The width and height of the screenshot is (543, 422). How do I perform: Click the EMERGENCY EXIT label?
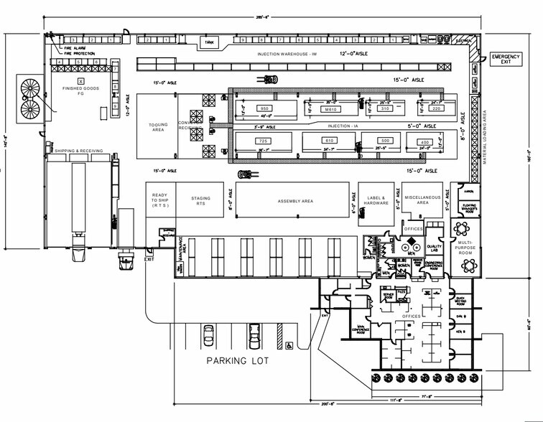(x=506, y=59)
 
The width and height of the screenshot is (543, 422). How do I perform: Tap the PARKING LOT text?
(x=238, y=360)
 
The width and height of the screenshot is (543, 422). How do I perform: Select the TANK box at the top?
(x=210, y=43)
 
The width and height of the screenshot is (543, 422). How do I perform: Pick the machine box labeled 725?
(x=262, y=141)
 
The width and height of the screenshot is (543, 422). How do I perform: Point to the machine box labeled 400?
(x=424, y=142)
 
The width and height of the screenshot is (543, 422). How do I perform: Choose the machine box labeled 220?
(x=436, y=108)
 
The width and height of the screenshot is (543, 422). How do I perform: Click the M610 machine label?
(x=331, y=109)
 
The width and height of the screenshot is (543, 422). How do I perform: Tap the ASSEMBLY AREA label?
(x=295, y=201)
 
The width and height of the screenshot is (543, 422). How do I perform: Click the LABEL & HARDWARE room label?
(x=379, y=201)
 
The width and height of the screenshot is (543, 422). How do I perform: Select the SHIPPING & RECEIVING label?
(x=79, y=151)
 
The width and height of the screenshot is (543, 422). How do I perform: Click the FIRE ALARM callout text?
(x=75, y=47)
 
